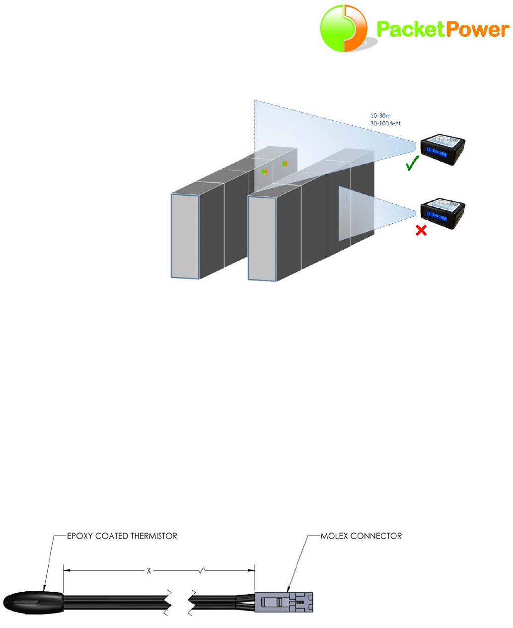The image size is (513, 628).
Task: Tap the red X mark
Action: tap(421, 230)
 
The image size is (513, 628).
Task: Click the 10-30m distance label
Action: tap(380, 115)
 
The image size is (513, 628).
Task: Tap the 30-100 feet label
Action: tap(385, 123)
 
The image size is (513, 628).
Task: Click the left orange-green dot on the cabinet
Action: tap(265, 172)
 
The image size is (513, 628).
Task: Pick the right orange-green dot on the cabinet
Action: tap(285, 164)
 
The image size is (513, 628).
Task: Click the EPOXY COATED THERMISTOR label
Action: tap(122, 536)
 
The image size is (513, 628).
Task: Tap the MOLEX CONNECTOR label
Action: tap(362, 536)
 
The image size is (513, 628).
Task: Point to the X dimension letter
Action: tap(148, 571)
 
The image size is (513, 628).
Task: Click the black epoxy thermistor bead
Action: tap(33, 602)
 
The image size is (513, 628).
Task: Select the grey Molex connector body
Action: tap(284, 602)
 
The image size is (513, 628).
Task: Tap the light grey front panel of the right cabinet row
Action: tap(262, 238)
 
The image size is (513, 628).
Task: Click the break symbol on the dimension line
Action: tap(201, 571)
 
